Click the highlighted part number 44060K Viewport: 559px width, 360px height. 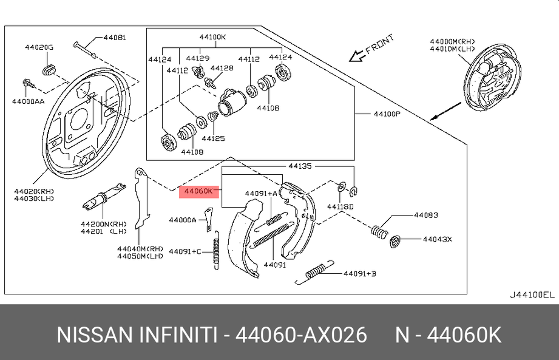tap(198, 191)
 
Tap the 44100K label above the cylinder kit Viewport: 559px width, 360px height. tap(212, 37)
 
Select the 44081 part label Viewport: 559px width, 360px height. tap(115, 38)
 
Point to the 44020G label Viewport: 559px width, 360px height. tap(39, 47)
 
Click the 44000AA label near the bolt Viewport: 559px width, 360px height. tap(28, 101)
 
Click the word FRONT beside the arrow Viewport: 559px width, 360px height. tap(380, 45)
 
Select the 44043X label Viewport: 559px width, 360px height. tap(437, 239)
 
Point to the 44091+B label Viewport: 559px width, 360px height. tap(360, 274)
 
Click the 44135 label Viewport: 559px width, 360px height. tap(300, 165)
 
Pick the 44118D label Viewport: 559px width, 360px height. tap(340, 207)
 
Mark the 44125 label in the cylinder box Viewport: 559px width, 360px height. tap(214, 138)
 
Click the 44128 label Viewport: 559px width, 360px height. tap(222, 68)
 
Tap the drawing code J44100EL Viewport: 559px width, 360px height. tap(532, 295)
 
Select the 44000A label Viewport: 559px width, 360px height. tap(182, 220)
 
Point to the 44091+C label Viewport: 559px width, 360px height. tap(185, 251)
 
